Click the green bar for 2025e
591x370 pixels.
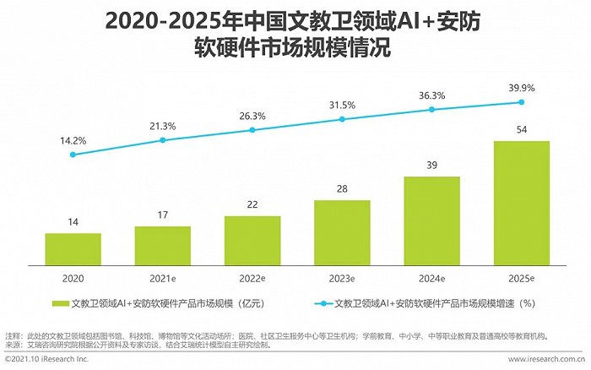pyautogui.click(x=521, y=203)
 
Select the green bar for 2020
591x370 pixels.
pyautogui.click(x=73, y=249)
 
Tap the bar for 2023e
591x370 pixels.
pyautogui.click(x=342, y=232)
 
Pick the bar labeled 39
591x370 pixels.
pyautogui.click(x=431, y=220)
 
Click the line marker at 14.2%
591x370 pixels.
pyautogui.click(x=73, y=155)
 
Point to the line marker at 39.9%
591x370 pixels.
pyautogui.click(x=521, y=102)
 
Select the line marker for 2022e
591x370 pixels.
pyautogui.click(x=252, y=130)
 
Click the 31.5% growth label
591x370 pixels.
pyautogui.click(x=342, y=105)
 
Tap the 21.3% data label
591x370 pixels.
pyautogui.click(x=162, y=126)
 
